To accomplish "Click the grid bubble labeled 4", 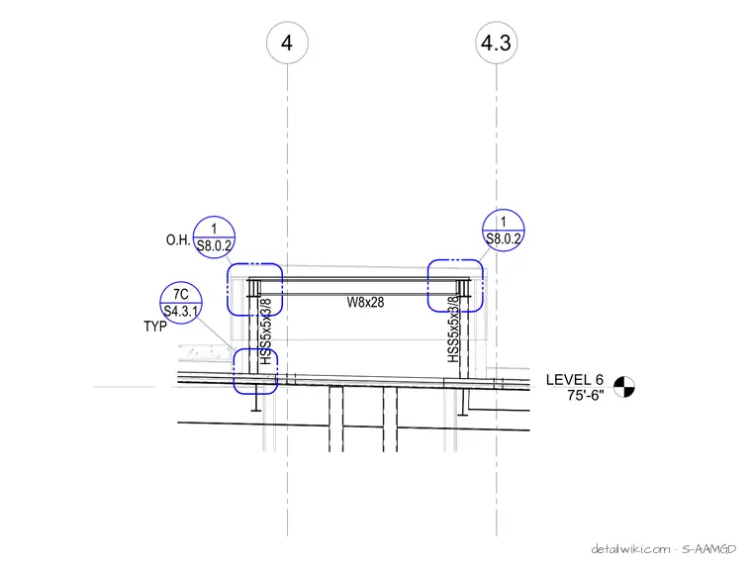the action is coord(287,43).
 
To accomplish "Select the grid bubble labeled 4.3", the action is coord(497,43).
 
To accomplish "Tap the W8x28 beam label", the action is coord(365,302).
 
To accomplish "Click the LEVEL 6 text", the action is coord(575,380).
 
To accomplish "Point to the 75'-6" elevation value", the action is coord(586,395).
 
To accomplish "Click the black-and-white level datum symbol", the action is coord(624,387).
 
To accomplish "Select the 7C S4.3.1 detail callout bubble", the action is coord(181,303).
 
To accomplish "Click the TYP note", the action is coord(155,327).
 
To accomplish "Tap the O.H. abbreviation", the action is coord(178,239).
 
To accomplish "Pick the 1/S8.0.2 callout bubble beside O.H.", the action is coord(214,237).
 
